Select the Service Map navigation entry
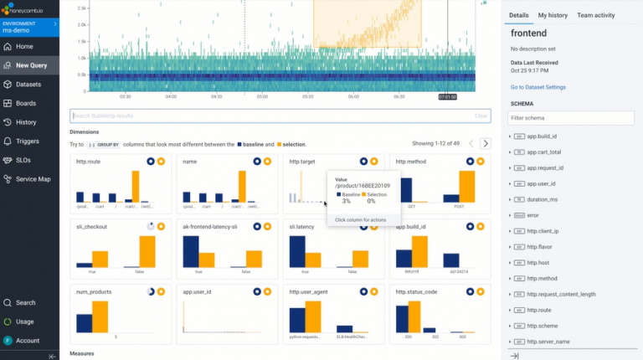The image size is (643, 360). point(33,179)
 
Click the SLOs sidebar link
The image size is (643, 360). point(25,160)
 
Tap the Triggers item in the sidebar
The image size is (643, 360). point(28,141)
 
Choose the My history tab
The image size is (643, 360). point(553,15)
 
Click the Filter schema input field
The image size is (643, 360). point(571,118)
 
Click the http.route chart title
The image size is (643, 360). point(88,161)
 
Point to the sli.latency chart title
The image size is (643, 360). point(301,226)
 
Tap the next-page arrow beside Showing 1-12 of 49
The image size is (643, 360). point(485,143)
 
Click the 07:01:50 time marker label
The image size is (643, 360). point(447,97)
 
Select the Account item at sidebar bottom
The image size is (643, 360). point(28,341)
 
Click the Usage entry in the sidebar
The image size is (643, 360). point(25,321)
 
